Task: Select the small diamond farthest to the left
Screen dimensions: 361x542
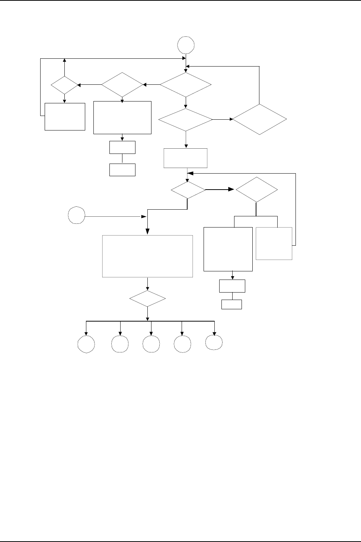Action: (65, 85)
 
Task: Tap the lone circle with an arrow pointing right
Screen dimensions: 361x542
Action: (77, 216)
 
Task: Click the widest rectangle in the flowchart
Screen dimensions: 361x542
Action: (147, 256)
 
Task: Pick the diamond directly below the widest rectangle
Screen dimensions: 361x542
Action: (148, 299)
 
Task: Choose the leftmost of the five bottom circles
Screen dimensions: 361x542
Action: (86, 344)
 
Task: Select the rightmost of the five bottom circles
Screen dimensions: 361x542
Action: (214, 342)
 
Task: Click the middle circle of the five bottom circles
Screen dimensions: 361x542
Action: (151, 344)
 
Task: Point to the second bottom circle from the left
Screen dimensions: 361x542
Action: (120, 344)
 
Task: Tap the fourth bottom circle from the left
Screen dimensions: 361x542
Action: (182, 344)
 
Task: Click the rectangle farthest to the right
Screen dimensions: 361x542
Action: (274, 243)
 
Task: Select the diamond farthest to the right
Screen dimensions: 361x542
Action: (259, 119)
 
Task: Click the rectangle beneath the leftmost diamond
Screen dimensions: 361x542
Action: (65, 116)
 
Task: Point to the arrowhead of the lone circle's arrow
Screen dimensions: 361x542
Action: (143, 216)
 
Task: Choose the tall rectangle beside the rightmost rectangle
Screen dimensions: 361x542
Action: (228, 249)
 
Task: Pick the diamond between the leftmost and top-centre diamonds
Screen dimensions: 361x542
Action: (122, 85)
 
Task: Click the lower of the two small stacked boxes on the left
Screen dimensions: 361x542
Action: (122, 170)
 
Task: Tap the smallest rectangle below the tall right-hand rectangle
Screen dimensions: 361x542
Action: (231, 304)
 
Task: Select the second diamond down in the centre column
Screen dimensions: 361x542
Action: (185, 120)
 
